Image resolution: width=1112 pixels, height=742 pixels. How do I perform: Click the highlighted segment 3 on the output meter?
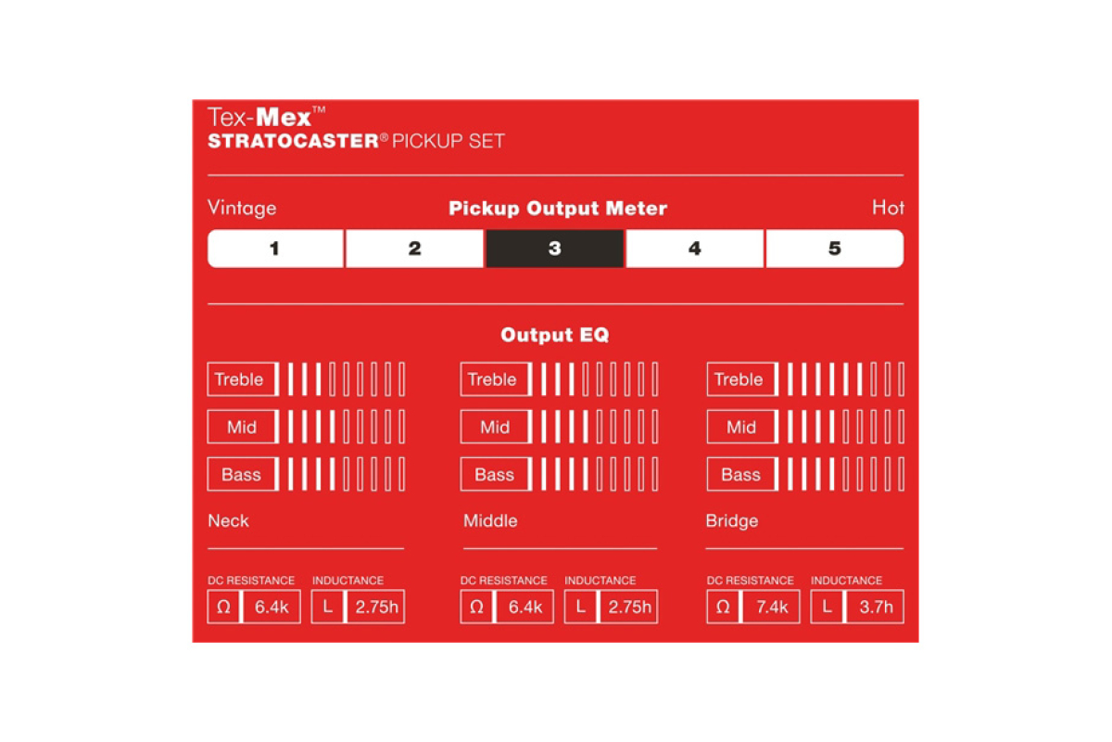554,249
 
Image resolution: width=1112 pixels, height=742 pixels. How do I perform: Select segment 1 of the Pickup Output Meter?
275,249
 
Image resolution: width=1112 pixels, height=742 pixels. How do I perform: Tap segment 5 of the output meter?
835,249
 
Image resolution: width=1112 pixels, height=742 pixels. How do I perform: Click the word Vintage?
242,208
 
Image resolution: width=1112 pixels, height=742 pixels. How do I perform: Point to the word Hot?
888,207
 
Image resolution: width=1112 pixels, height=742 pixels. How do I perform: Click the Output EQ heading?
554,335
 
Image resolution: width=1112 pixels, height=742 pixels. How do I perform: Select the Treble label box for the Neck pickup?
241,379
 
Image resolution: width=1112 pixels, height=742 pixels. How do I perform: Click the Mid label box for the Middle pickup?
495,427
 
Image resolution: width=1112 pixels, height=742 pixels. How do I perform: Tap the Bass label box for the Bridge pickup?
741,474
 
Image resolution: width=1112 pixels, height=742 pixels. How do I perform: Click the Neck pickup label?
228,521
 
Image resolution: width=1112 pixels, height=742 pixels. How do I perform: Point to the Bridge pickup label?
732,521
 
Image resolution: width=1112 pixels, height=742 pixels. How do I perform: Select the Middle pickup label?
490,521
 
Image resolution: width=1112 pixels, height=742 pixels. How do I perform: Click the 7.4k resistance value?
772,607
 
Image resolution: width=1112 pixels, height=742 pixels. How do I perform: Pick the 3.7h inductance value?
877,607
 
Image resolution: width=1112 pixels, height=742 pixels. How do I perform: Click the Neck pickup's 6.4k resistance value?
272,607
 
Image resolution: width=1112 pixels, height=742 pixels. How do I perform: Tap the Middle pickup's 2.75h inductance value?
629,607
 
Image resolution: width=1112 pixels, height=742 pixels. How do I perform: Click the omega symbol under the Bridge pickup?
723,607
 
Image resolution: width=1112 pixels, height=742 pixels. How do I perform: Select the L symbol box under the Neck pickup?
328,607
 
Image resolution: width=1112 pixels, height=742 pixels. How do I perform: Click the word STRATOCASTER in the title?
294,141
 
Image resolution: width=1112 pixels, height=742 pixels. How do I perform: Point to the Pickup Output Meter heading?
558,209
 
